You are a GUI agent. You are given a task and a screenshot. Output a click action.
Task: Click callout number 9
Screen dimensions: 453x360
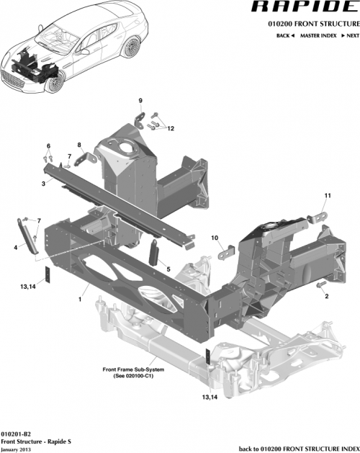pos(140,99)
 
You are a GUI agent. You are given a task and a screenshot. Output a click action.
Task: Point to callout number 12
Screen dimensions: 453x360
pos(171,129)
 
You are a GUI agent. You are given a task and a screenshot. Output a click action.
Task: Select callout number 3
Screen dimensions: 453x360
pos(44,184)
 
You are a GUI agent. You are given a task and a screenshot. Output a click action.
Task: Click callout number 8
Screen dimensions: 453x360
pos(79,145)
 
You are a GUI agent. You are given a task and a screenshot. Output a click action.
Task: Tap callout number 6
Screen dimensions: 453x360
pos(49,146)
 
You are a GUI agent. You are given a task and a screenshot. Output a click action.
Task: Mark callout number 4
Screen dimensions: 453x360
pos(15,247)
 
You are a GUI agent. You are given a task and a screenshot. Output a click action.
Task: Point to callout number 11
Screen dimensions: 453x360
pos(326,196)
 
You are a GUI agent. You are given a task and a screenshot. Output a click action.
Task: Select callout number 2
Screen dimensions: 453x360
pos(326,295)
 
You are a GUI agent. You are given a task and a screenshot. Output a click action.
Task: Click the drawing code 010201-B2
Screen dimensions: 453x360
pos(16,435)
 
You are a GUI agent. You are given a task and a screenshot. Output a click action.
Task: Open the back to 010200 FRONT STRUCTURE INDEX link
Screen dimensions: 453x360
pos(297,449)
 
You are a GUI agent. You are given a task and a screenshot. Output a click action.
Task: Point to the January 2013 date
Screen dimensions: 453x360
pos(17,449)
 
